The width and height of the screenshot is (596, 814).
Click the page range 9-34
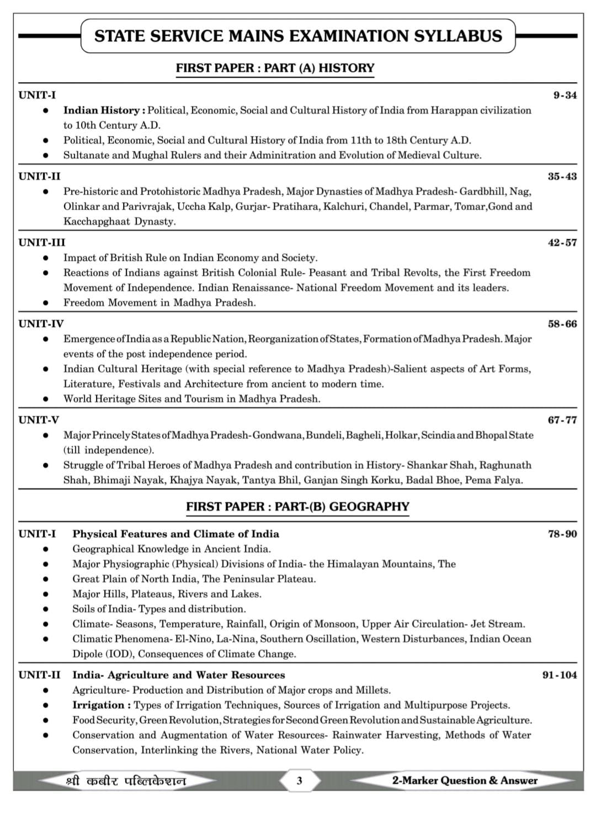(x=565, y=95)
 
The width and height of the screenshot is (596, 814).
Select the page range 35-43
(x=562, y=176)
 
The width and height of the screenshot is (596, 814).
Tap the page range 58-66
(x=562, y=324)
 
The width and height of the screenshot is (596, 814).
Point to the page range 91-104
(x=560, y=675)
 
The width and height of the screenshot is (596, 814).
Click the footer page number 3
(x=299, y=780)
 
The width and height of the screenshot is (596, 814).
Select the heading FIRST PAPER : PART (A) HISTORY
(x=275, y=68)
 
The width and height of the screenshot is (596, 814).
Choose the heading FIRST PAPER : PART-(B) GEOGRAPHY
(x=297, y=506)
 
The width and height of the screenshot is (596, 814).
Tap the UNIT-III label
(x=42, y=243)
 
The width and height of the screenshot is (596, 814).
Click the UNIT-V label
(x=39, y=420)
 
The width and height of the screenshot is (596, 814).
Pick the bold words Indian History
(x=104, y=110)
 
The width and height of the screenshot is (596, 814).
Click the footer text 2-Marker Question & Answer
(x=465, y=780)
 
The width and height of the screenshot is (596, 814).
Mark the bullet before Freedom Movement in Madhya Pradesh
(x=46, y=303)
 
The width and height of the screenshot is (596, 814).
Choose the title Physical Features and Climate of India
(x=175, y=534)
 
